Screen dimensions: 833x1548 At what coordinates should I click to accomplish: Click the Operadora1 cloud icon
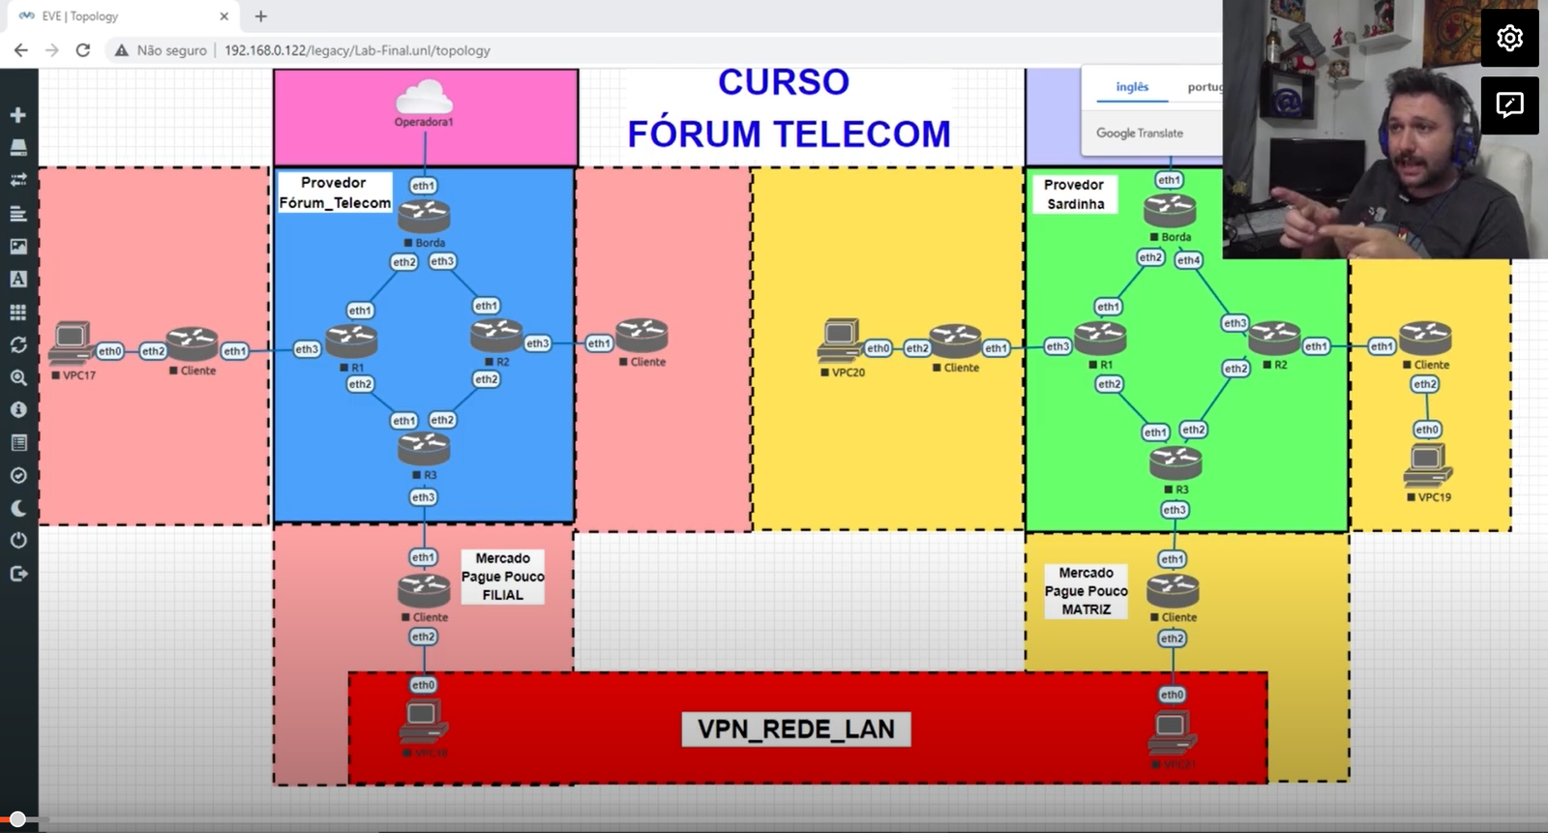(x=424, y=98)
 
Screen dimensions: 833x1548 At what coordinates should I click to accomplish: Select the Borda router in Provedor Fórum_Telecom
(x=424, y=215)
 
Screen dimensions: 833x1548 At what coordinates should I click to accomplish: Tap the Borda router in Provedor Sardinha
(x=1170, y=209)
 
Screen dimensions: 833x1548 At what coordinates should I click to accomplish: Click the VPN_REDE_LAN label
(x=795, y=729)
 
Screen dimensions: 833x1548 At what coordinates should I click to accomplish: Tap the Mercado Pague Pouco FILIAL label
(x=502, y=577)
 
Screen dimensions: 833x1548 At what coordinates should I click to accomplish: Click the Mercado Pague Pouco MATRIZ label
(x=1086, y=591)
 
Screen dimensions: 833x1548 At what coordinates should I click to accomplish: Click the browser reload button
(x=83, y=50)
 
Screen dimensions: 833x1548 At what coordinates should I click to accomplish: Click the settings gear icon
(x=1509, y=38)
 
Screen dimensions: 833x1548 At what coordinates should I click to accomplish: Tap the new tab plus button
(x=260, y=16)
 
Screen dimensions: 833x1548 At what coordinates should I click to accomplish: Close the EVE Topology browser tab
(x=223, y=16)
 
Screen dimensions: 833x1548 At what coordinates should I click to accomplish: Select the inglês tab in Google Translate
(x=1132, y=87)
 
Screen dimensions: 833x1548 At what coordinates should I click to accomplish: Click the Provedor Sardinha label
(x=1075, y=194)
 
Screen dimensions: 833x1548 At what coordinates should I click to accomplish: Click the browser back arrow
(x=21, y=50)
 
